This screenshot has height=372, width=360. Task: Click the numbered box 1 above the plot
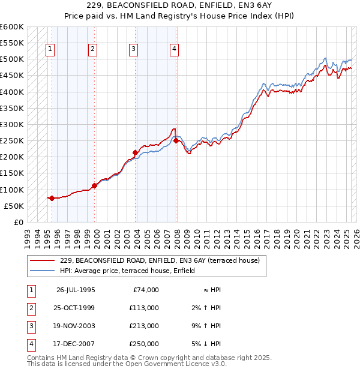tap(50, 49)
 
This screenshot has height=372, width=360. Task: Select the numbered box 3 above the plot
tap(133, 49)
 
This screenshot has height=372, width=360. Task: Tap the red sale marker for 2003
tap(136, 152)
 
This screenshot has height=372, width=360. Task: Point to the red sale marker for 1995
tap(52, 198)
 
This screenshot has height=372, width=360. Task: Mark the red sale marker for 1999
tap(95, 185)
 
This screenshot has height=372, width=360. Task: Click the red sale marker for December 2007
tap(176, 140)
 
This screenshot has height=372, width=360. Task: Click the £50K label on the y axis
tap(14, 206)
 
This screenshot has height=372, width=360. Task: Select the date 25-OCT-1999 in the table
tap(75, 308)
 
